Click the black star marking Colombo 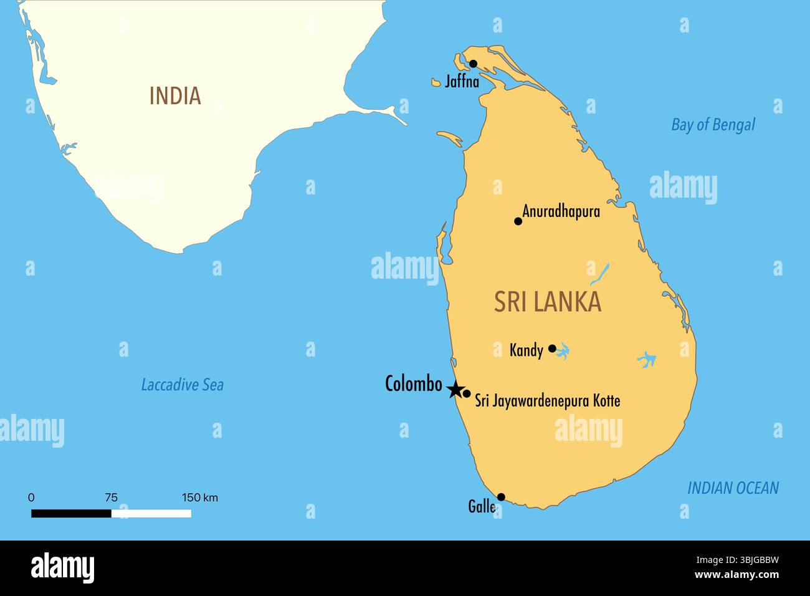[x=455, y=390]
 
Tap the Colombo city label [x=414, y=384]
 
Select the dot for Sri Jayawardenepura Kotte [x=467, y=393]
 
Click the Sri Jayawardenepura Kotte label [x=548, y=400]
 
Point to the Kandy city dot [x=552, y=348]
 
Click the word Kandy [x=526, y=350]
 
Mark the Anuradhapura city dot [x=518, y=221]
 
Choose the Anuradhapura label [x=561, y=211]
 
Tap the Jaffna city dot [x=473, y=64]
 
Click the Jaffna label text [x=462, y=81]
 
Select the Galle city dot [x=501, y=497]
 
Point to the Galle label [x=482, y=506]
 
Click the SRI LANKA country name [x=548, y=302]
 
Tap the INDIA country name [x=175, y=96]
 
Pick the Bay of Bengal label [x=713, y=125]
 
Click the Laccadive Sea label [x=182, y=385]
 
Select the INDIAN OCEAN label [x=733, y=488]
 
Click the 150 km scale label [x=200, y=497]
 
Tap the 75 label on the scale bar [x=111, y=497]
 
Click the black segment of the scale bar [x=71, y=514]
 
